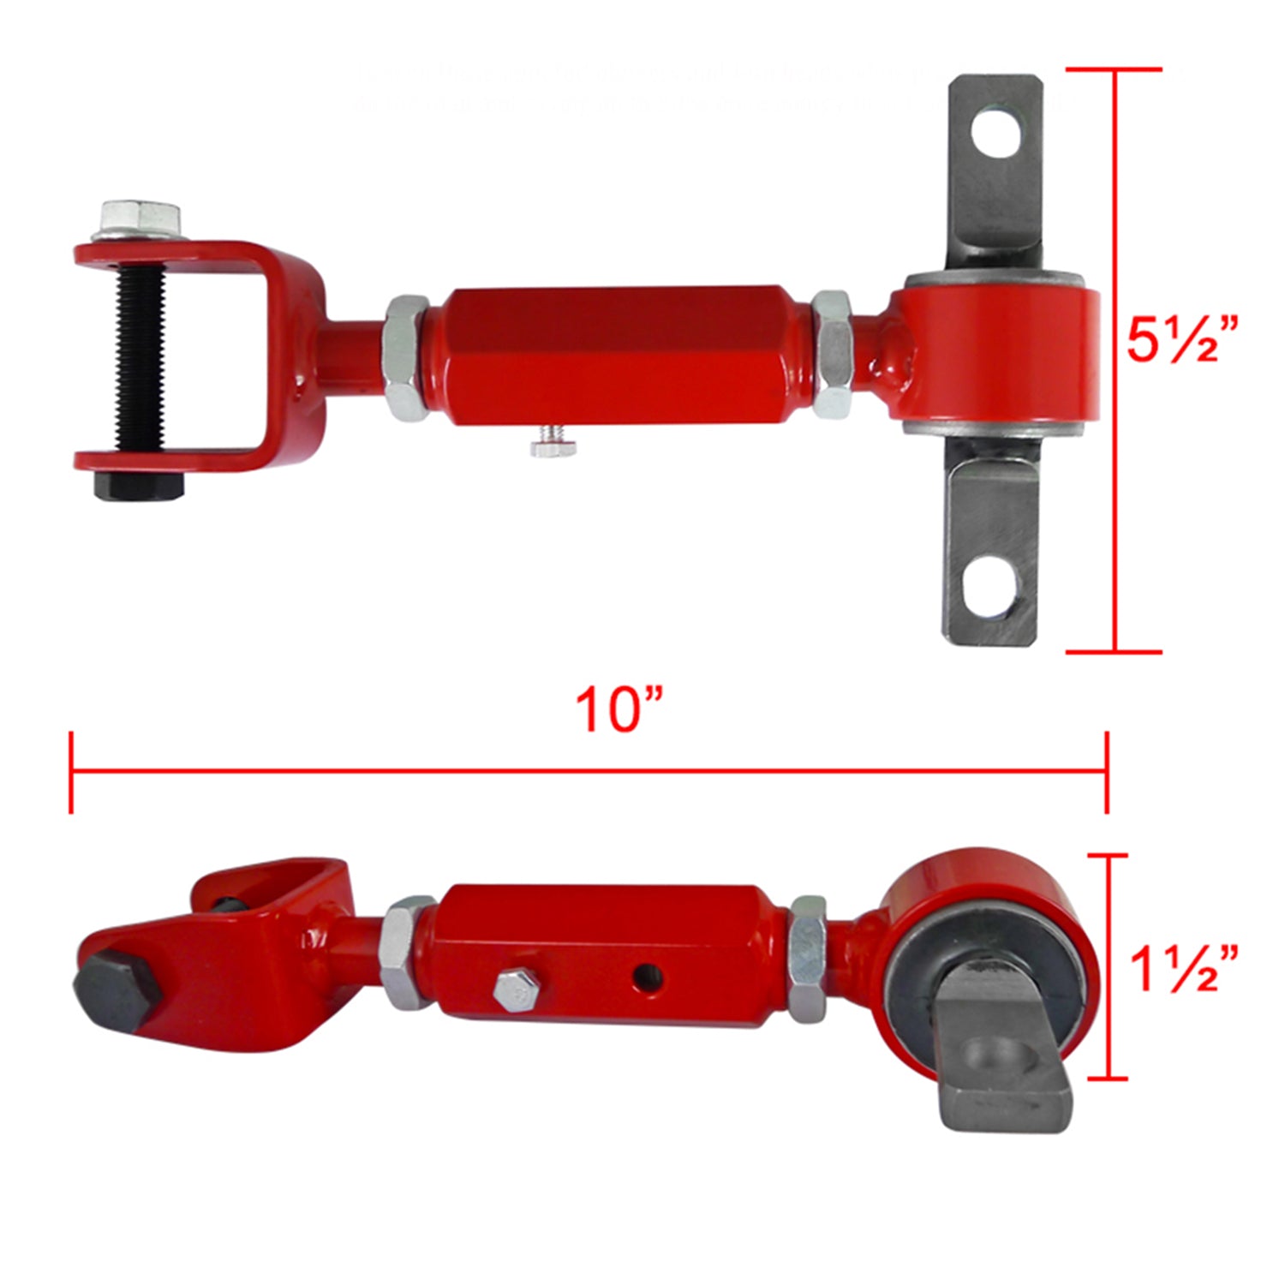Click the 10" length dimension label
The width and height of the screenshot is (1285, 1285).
(x=619, y=710)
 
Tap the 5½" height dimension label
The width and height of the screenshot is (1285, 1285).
(x=1181, y=340)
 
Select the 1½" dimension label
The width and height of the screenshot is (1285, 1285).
(x=1183, y=969)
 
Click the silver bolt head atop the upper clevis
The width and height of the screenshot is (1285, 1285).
(x=140, y=220)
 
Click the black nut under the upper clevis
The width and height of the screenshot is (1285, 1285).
(x=139, y=486)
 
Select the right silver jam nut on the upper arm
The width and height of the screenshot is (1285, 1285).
(x=832, y=354)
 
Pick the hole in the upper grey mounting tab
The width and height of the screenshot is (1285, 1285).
(x=998, y=132)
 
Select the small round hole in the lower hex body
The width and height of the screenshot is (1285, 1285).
(x=648, y=974)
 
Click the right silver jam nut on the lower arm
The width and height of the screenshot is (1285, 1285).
(x=807, y=957)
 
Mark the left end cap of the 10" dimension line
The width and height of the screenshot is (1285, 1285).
(x=71, y=772)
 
